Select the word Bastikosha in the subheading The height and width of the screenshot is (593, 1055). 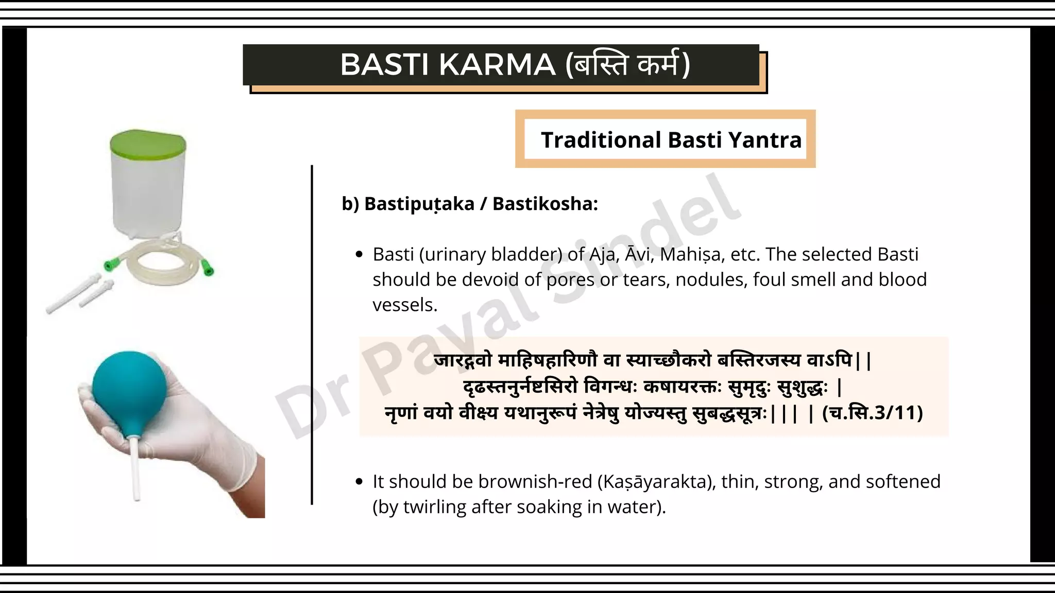(x=545, y=204)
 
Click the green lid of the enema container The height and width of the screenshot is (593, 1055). (x=147, y=142)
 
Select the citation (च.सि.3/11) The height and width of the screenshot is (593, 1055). (x=872, y=413)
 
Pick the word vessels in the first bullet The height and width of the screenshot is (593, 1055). (x=405, y=305)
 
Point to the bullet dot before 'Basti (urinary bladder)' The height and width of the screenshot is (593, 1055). (x=360, y=255)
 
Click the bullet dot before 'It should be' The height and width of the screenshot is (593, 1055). (x=360, y=482)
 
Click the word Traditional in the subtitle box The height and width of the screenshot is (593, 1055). (x=601, y=140)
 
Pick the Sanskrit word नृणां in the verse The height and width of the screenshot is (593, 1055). (x=401, y=413)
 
